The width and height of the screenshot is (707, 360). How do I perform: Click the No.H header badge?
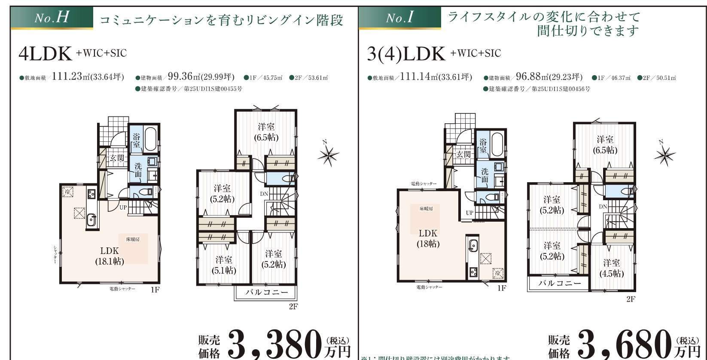click(52, 18)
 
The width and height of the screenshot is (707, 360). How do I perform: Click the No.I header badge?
click(399, 18)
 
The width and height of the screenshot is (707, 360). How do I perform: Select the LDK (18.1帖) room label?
click(110, 256)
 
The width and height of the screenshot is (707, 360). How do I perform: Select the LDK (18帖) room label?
click(428, 238)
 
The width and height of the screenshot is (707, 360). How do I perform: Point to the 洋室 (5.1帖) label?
click(224, 265)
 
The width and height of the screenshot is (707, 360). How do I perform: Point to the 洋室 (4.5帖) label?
click(611, 268)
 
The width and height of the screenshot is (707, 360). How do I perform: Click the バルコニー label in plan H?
click(267, 293)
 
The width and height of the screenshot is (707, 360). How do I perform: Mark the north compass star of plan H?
click(328, 155)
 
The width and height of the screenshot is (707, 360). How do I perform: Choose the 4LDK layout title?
click(45, 54)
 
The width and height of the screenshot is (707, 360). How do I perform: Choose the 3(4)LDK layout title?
click(406, 54)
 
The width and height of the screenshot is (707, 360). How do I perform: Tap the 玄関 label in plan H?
click(117, 158)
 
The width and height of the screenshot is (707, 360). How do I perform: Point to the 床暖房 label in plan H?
click(133, 239)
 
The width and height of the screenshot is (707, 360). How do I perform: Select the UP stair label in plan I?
click(469, 213)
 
